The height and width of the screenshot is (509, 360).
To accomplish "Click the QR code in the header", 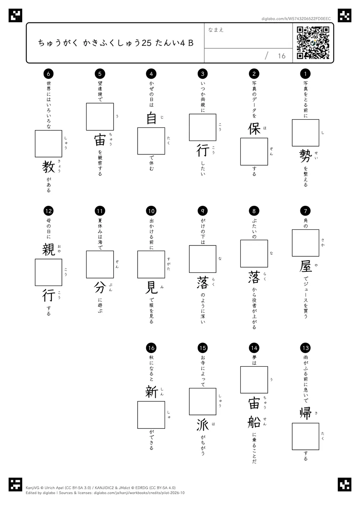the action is [x=313, y=43].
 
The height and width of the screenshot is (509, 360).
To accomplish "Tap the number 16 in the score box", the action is [x=282, y=56].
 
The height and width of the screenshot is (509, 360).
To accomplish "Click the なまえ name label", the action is [x=216, y=30].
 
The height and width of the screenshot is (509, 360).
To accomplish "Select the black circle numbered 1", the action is [x=305, y=73].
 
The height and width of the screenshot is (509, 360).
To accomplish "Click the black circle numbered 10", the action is [x=151, y=211].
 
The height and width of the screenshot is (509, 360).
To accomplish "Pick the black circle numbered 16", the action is [x=151, y=348].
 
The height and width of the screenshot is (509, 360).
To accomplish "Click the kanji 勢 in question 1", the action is [x=305, y=156].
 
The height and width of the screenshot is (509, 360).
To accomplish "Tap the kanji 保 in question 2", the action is [x=254, y=129].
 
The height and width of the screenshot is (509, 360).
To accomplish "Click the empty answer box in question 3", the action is [x=202, y=127].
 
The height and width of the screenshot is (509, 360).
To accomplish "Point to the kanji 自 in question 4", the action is [x=151, y=118].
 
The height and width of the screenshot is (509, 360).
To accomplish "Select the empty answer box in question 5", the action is [x=100, y=117].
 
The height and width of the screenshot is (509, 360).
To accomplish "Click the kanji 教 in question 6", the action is [x=48, y=167].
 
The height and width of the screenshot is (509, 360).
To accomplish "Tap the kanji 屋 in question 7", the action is [x=306, y=266].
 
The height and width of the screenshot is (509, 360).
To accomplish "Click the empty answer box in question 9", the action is [x=202, y=259].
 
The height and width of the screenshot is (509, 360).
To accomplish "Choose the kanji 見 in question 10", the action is [x=151, y=287].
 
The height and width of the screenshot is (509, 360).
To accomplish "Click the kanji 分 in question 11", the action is [x=100, y=287].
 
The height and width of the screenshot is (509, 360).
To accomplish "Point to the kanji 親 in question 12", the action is [x=48, y=250].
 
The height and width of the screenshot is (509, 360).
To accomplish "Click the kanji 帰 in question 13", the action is [x=305, y=413].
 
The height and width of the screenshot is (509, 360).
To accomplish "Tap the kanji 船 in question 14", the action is [x=254, y=422].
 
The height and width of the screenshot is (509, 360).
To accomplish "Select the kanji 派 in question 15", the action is [x=202, y=425].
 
